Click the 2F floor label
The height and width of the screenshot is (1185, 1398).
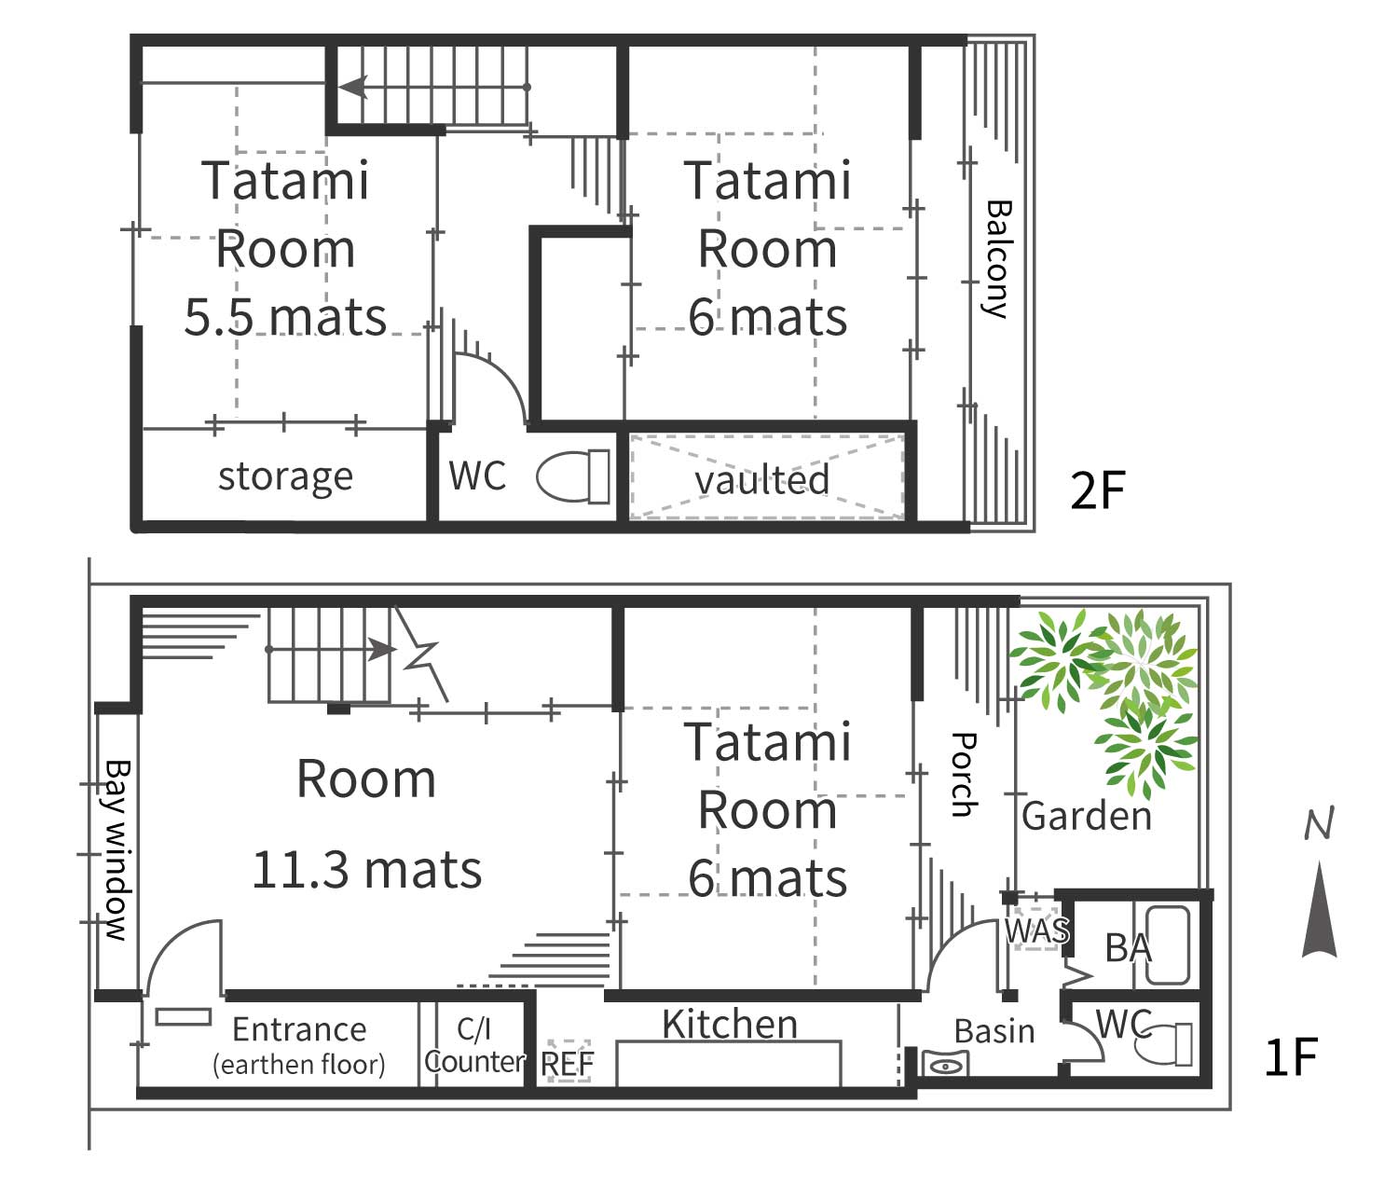pyautogui.click(x=1097, y=490)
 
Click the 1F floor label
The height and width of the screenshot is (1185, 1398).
pyautogui.click(x=1291, y=1056)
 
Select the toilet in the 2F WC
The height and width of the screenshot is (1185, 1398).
pyautogui.click(x=573, y=476)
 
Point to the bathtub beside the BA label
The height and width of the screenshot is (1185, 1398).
pyautogui.click(x=1168, y=944)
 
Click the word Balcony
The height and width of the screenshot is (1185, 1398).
pyautogui.click(x=997, y=259)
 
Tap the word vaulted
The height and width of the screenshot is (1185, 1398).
pyautogui.click(x=762, y=480)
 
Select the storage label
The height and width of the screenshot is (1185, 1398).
pyautogui.click(x=285, y=477)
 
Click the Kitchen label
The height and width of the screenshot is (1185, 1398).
pyautogui.click(x=730, y=1024)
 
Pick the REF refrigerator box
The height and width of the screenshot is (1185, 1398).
pyautogui.click(x=569, y=1061)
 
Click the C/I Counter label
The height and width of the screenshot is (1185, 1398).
pyautogui.click(x=474, y=1045)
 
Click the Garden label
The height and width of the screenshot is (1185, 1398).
pyautogui.click(x=1087, y=816)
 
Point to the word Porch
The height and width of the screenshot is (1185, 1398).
pyautogui.click(x=964, y=775)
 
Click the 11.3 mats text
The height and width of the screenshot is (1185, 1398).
pyautogui.click(x=367, y=870)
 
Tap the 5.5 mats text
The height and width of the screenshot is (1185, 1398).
pyautogui.click(x=285, y=317)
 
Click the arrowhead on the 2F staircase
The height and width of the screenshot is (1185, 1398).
pyautogui.click(x=353, y=88)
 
